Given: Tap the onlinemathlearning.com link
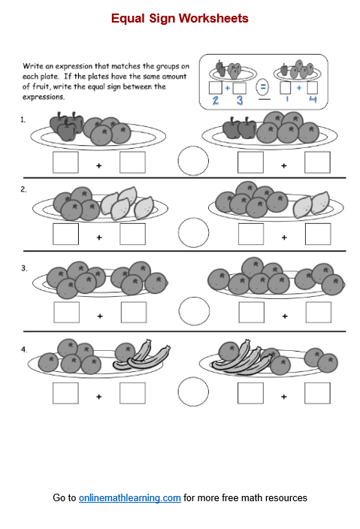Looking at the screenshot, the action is click(130, 497).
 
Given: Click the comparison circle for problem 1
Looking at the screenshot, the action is click(193, 161).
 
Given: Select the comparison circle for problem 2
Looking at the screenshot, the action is click(194, 232).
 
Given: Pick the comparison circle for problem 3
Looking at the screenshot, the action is click(195, 311).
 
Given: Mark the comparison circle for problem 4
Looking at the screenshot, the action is click(193, 391).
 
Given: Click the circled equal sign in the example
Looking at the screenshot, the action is click(262, 87).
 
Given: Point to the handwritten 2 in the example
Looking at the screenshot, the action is click(216, 100).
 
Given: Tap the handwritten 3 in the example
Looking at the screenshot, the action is click(240, 100).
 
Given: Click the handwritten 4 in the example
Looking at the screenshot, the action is click(313, 99).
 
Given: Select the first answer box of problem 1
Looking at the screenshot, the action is click(65, 162).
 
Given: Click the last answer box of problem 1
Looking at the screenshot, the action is click(317, 162).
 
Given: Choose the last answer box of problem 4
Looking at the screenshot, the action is click(317, 393).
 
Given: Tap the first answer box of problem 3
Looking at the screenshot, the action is click(66, 313).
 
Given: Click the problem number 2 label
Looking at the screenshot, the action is click(23, 189).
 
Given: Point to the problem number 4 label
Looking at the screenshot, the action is click(24, 349).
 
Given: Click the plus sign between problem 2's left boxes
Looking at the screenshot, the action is click(99, 237).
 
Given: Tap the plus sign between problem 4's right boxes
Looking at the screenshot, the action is click(284, 397).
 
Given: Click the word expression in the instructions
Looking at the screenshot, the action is click(74, 66).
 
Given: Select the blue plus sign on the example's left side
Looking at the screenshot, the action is click(228, 88).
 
